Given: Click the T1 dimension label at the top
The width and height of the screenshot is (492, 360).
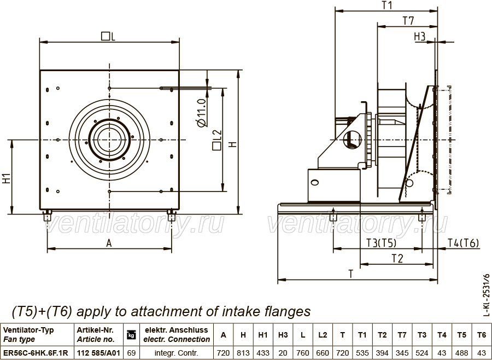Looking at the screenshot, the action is coord(387,5).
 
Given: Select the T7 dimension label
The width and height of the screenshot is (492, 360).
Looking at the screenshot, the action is coord(408,21).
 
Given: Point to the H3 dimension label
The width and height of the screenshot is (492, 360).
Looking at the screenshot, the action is coord(419,37).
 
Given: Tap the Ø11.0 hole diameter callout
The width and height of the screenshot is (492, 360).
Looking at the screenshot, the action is coord(201,113).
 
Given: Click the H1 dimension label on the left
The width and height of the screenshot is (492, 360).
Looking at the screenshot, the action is coord(7,178).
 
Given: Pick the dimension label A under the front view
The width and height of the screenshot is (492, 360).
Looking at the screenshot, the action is coord(109,243).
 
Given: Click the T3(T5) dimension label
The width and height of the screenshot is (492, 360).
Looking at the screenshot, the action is coord(381,243).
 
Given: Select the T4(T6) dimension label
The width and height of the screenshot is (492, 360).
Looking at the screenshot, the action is coord(463,243).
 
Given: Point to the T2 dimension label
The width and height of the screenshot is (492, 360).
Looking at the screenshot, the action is coord(397,259).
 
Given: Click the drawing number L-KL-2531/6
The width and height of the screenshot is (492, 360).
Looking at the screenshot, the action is coord(486,295).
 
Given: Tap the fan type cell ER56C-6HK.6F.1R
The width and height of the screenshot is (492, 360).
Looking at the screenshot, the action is coord(36,353).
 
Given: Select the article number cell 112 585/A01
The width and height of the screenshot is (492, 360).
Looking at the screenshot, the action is coord(98,353).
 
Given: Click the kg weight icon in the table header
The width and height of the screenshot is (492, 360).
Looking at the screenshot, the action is coord(131,335).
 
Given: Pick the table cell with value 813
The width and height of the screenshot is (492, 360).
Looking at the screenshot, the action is coord(243,353).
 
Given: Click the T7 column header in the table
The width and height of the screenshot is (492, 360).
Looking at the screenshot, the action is coord(402,335).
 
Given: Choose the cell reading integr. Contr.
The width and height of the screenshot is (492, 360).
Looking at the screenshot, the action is coord(177,353).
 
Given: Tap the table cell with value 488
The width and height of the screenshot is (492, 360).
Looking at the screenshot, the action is coord(461,353).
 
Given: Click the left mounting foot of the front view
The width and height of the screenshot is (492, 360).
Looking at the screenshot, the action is coord(47,216).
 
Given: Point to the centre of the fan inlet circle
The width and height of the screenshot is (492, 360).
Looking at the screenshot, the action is coord(109,140).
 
